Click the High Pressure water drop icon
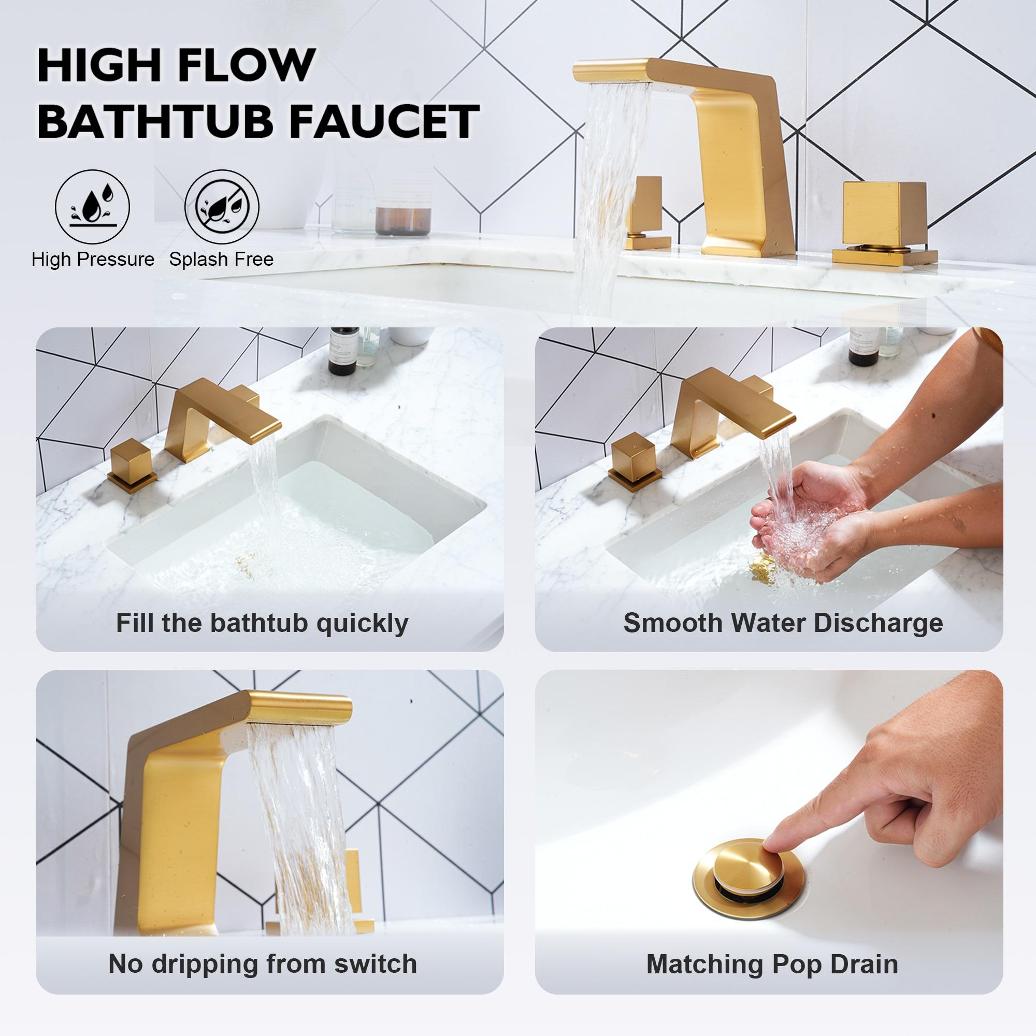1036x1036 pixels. [x=92, y=207]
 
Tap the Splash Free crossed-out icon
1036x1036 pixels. [x=222, y=207]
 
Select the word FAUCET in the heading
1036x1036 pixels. [x=383, y=121]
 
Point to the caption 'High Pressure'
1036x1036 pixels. [x=93, y=260]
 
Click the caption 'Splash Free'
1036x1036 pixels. [x=222, y=260]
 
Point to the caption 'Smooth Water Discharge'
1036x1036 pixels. [x=783, y=623]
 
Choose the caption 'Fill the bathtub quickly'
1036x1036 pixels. [x=262, y=623]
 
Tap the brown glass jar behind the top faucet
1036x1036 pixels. [x=403, y=220]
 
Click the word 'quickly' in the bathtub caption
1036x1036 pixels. [x=362, y=623]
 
